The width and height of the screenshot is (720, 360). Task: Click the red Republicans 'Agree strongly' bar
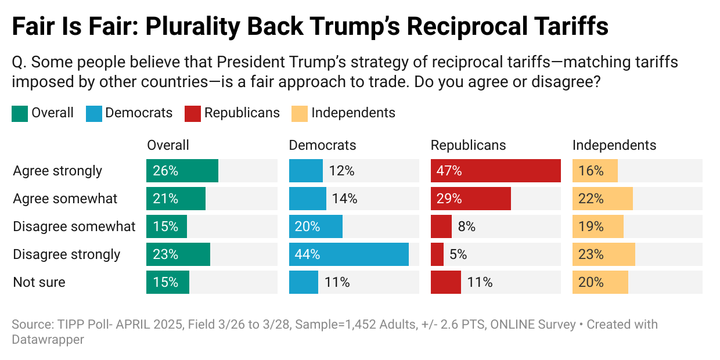tap(495, 171)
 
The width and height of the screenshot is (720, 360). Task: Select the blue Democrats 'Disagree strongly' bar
tap(348, 254)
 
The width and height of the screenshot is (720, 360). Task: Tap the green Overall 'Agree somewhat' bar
tap(175, 199)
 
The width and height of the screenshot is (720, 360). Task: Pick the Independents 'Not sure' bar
tap(600, 282)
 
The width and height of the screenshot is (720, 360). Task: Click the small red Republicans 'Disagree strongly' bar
tap(437, 254)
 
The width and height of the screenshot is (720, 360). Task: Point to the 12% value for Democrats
tap(342, 171)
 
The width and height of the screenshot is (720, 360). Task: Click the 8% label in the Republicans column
tap(467, 226)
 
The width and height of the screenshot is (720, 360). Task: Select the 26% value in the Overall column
tap(165, 171)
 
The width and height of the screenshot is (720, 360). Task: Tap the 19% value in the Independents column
tap(591, 226)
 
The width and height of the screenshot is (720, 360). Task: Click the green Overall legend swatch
tap(19, 113)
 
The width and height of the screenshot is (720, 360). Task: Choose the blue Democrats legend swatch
tap(93, 113)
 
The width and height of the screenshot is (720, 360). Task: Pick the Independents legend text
tap(353, 113)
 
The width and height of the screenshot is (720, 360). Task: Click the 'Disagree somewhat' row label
tap(74, 226)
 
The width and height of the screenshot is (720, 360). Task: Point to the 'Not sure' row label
tap(39, 282)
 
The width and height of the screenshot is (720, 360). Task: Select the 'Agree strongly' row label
tap(57, 171)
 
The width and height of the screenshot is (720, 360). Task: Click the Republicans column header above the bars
tap(468, 145)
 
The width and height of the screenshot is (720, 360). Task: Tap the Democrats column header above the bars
tap(322, 145)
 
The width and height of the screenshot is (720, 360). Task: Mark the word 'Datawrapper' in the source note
tap(48, 339)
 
